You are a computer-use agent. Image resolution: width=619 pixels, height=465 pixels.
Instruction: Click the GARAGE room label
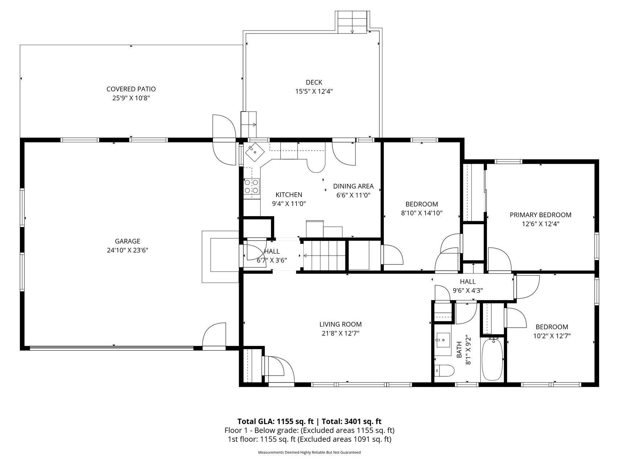coord(127,241)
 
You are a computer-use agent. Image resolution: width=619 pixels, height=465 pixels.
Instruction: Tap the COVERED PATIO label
coord(131,89)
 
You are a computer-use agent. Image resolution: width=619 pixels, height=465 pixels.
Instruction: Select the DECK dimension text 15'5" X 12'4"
coord(314,92)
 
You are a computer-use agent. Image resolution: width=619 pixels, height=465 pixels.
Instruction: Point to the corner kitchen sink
coord(255,151)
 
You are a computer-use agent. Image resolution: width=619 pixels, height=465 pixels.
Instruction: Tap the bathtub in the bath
coord(492,359)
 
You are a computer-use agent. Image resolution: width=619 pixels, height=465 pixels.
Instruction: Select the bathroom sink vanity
coord(443,339)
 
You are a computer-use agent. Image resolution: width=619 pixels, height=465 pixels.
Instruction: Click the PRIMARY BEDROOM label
coord(540,215)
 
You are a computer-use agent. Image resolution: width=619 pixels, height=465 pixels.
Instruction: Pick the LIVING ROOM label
coord(340,324)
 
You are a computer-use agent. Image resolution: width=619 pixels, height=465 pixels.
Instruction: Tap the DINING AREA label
coord(353,186)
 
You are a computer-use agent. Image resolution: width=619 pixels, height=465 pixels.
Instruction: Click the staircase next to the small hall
coord(324,255)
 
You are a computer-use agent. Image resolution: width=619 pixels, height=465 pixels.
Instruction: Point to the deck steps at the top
coord(352,22)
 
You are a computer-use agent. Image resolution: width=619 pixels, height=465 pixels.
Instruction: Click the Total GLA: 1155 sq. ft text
coord(275,421)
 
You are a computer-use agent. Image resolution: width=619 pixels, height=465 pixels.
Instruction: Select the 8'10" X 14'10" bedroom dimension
coord(422,213)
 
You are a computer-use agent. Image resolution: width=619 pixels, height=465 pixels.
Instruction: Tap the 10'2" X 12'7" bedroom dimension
coord(552,336)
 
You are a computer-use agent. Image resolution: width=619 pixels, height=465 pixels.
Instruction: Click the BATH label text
coord(459,349)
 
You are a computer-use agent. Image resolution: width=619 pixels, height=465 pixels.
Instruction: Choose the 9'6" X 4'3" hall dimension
coord(468,291)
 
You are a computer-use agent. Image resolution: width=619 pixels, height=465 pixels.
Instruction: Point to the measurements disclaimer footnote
coord(309,452)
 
